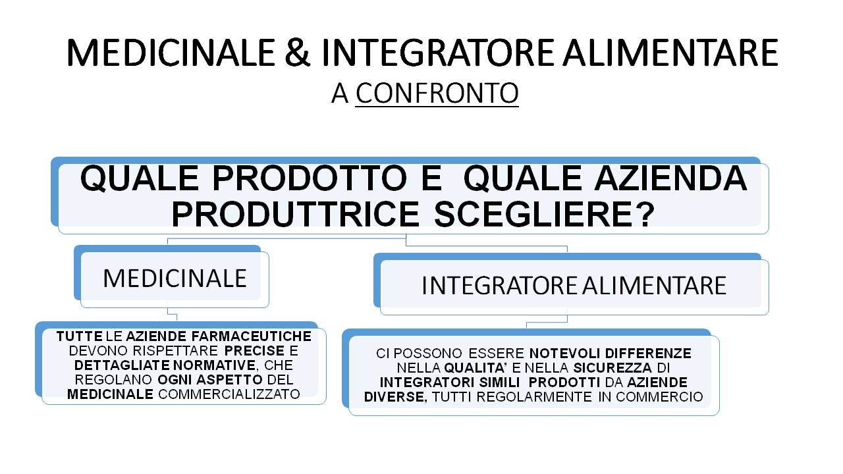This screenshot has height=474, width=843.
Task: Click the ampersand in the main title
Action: (297, 52)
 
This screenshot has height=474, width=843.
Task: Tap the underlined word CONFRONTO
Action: (437, 93)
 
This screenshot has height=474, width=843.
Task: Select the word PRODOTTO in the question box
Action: (310, 178)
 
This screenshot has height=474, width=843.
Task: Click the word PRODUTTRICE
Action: (296, 215)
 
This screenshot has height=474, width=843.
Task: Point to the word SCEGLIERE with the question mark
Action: (545, 215)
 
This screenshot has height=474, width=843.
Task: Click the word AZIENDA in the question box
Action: (671, 178)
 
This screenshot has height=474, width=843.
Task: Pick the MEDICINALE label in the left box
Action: (175, 278)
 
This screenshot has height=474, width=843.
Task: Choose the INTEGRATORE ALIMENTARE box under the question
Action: (574, 286)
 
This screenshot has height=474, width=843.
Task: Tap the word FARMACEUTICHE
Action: (252, 336)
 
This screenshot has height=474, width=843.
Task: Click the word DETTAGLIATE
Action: (122, 365)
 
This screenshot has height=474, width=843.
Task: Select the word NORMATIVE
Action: (215, 365)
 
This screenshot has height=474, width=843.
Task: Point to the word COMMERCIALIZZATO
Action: (229, 394)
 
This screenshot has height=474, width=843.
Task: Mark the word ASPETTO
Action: (229, 380)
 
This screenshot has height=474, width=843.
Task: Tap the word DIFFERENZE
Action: (648, 354)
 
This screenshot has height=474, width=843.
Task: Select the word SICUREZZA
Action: (612, 367)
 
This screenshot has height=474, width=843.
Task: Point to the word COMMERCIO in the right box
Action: (659, 397)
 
